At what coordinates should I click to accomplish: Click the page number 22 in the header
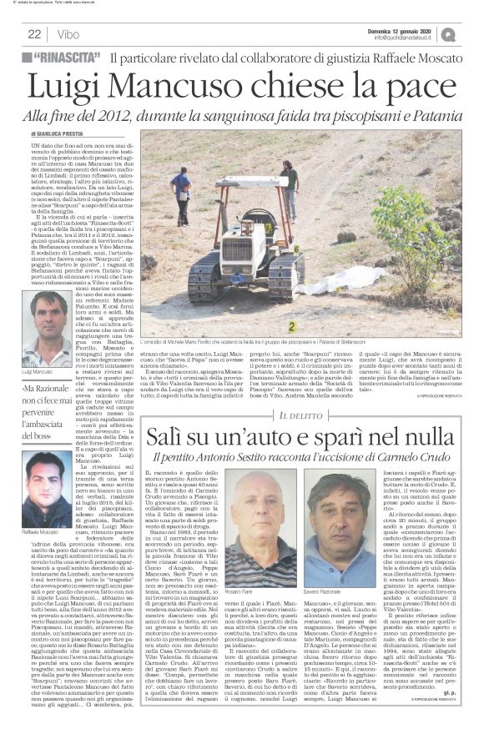tap(34, 34)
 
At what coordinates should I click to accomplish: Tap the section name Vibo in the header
tap(69, 34)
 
